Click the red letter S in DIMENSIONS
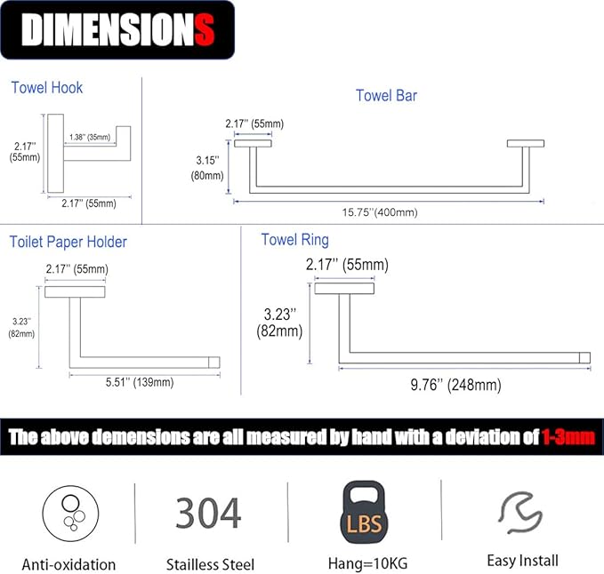point(205,29)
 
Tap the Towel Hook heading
point(46,88)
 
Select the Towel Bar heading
point(386,95)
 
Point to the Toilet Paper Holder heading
point(68,242)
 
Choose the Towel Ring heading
point(295,240)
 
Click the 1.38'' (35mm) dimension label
point(90,137)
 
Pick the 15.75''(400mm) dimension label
point(380,212)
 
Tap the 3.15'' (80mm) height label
point(207,168)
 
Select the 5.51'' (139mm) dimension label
point(140,382)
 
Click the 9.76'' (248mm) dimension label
point(455,385)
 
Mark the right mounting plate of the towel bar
point(526,144)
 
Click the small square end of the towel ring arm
point(584,358)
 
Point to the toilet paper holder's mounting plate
point(75,292)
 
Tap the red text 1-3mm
point(568,437)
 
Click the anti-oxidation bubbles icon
point(70,514)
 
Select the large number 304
point(208,513)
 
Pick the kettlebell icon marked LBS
point(364,512)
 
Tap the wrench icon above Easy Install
point(520,513)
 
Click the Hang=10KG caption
point(368,564)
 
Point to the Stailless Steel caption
point(210,565)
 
